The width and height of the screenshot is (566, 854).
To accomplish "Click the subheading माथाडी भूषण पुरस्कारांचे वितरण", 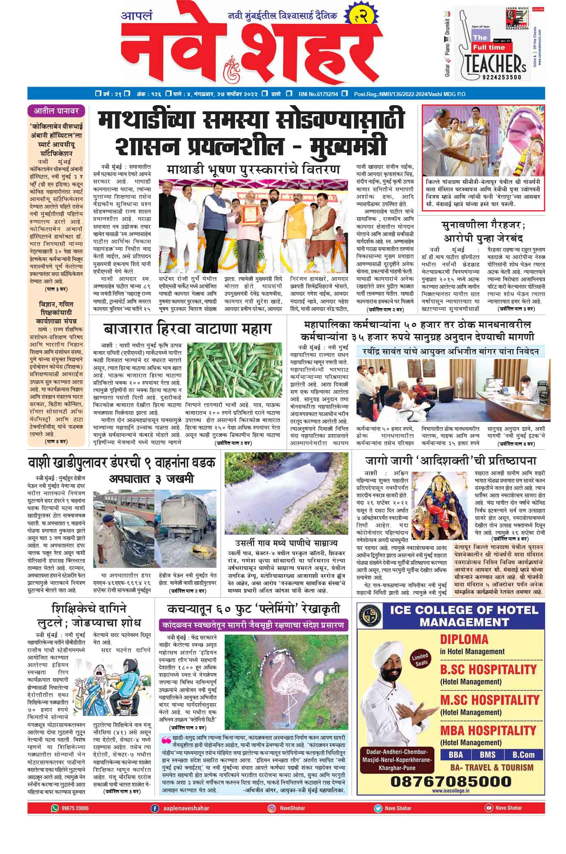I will (253, 170).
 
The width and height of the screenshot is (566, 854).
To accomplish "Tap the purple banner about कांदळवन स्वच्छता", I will (253, 625).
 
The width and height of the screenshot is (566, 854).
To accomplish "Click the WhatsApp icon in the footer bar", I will (55, 808).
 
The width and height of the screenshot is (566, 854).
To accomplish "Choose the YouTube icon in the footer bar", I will (488, 808).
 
